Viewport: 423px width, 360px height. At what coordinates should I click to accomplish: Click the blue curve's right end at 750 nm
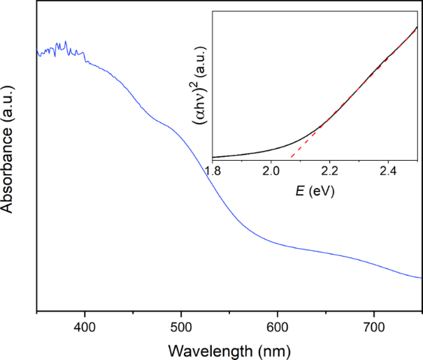[x=422, y=278]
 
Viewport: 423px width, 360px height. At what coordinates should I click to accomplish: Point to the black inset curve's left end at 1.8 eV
[x=213, y=157]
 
